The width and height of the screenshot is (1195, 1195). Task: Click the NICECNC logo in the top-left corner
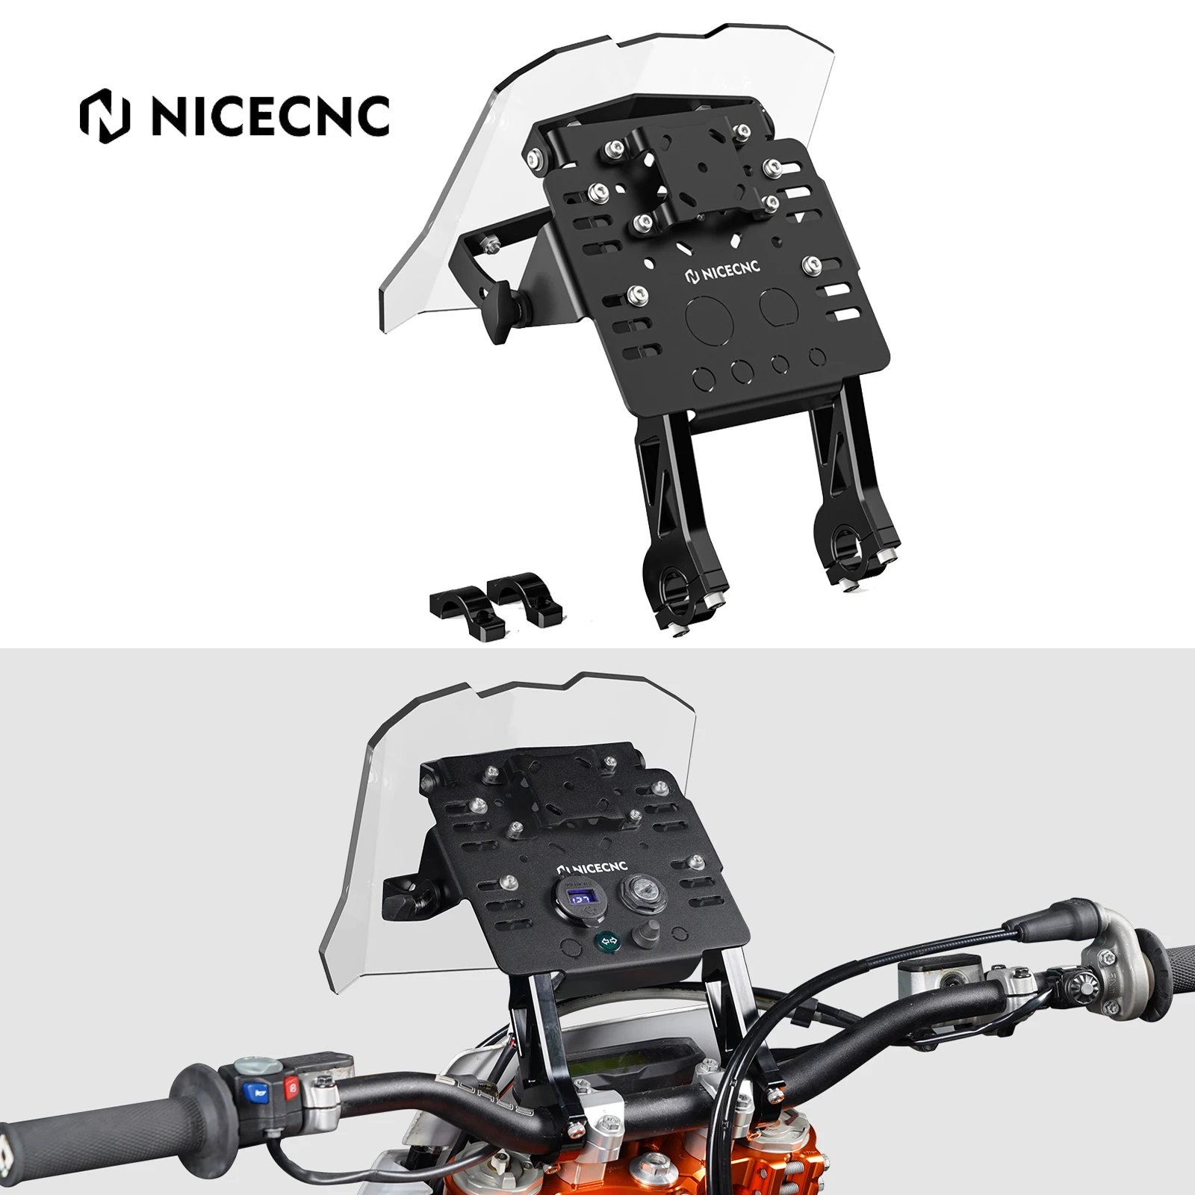[x=235, y=115]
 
